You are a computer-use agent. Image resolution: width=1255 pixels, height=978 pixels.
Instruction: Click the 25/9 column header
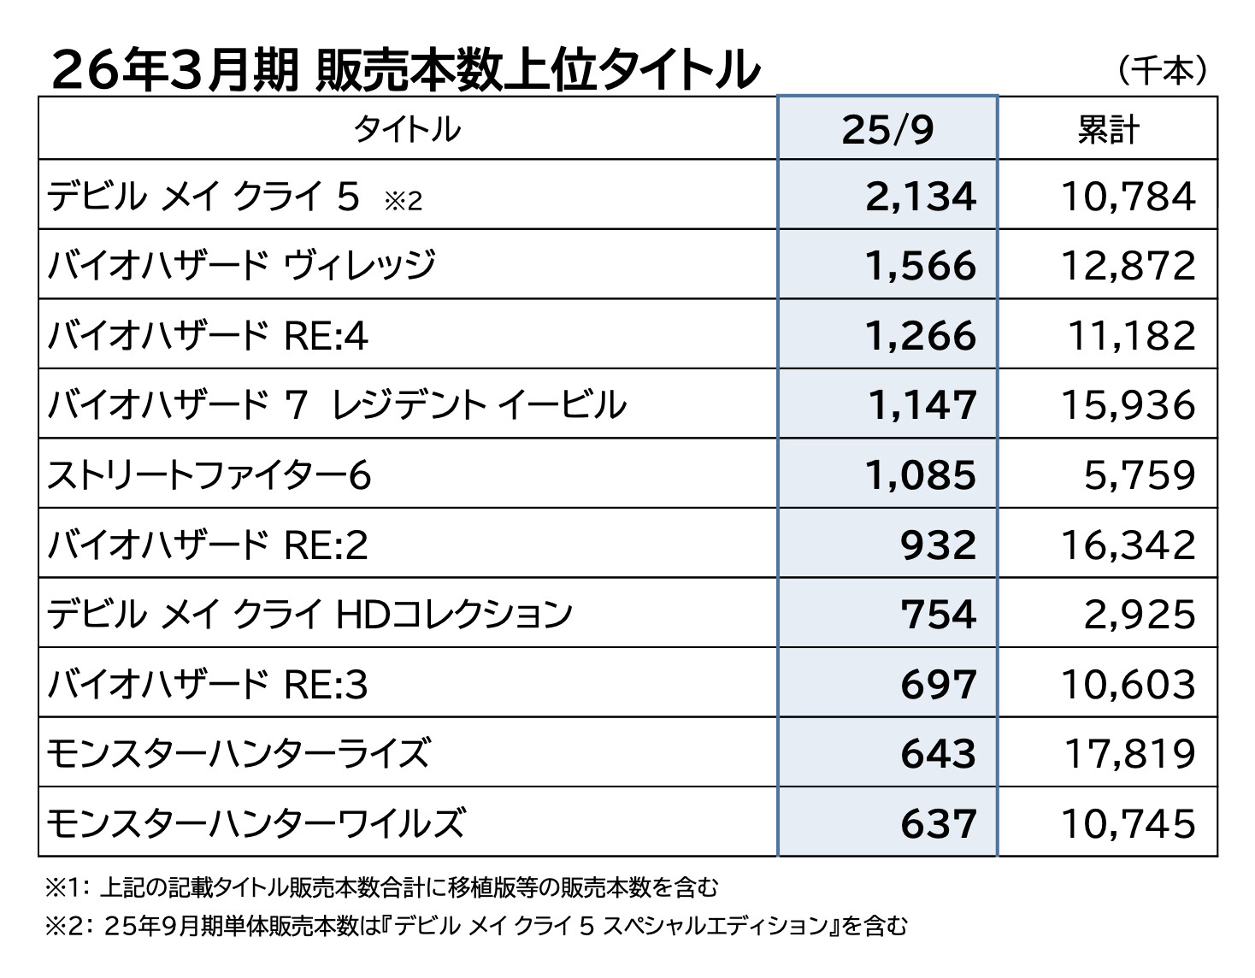pyautogui.click(x=887, y=129)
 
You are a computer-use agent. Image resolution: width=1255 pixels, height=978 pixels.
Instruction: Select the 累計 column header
pyautogui.click(x=1108, y=129)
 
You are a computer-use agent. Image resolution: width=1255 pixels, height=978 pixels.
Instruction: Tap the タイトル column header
pyautogui.click(x=408, y=129)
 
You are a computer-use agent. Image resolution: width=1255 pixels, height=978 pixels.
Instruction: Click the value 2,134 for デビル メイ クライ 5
pyautogui.click(x=921, y=197)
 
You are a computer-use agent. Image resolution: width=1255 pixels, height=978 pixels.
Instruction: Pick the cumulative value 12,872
pyautogui.click(x=1128, y=266)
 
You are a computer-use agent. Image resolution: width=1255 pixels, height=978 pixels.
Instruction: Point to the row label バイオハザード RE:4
pyautogui.click(x=208, y=336)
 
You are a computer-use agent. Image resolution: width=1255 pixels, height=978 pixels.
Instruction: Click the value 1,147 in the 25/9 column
pyautogui.click(x=922, y=405)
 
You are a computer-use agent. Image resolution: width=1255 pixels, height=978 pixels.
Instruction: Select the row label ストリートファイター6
pyautogui.click(x=209, y=475)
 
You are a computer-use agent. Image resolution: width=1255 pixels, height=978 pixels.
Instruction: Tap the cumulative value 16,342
pyautogui.click(x=1128, y=545)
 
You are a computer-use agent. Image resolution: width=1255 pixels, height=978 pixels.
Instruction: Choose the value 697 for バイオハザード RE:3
pyautogui.click(x=938, y=684)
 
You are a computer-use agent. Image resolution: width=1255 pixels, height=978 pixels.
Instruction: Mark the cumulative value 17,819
pyautogui.click(x=1129, y=753)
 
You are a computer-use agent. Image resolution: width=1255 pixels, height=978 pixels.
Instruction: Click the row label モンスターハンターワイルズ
pyautogui.click(x=256, y=823)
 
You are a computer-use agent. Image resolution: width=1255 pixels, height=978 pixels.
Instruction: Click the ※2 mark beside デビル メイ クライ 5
pyautogui.click(x=403, y=202)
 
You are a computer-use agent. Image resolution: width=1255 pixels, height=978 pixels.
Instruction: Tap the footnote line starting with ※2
pyautogui.click(x=475, y=925)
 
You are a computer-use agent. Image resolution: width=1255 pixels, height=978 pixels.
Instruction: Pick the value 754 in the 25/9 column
pyautogui.click(x=938, y=614)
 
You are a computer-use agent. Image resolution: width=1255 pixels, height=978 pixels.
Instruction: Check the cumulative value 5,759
pyautogui.click(x=1140, y=475)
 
